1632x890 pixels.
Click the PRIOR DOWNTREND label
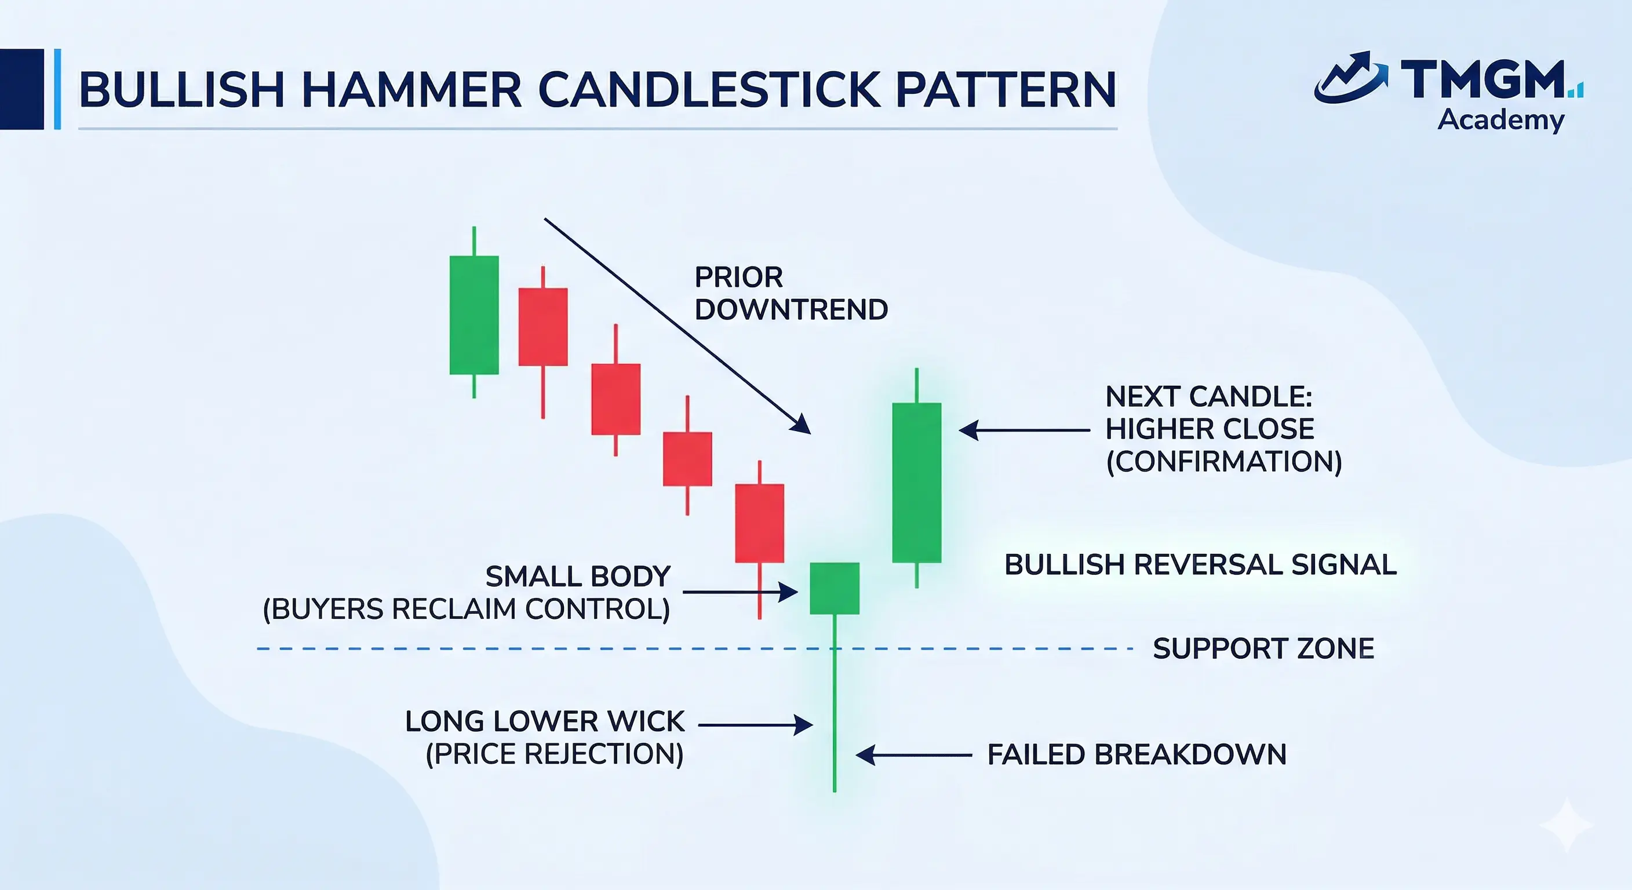click(x=790, y=293)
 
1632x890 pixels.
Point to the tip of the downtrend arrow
click(x=810, y=434)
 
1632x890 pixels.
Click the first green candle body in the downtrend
click(x=474, y=315)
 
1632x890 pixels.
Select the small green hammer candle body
click(x=835, y=589)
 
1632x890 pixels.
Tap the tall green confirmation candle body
click(x=917, y=483)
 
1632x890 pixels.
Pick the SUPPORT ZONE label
click(x=1263, y=648)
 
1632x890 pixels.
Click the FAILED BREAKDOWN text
click(x=1136, y=754)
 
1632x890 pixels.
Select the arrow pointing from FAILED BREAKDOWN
click(x=913, y=755)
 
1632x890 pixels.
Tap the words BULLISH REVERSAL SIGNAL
click(x=1201, y=564)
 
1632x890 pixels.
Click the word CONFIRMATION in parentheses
click(x=1224, y=462)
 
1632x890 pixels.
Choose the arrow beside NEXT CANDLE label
click(x=1025, y=430)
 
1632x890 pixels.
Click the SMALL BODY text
click(x=578, y=577)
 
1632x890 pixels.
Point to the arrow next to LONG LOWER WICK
click(x=755, y=725)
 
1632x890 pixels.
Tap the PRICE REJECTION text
click(x=555, y=754)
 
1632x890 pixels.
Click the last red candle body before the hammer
click(x=760, y=523)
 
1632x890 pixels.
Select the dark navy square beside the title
click(x=22, y=89)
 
